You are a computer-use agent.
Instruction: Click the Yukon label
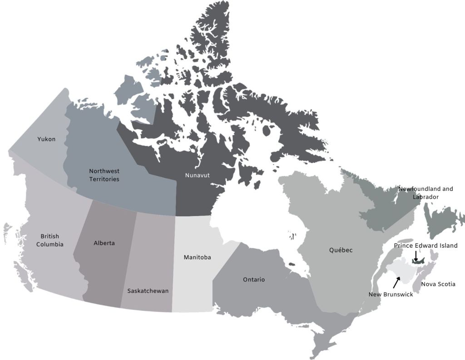46,139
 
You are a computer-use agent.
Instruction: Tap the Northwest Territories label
104,175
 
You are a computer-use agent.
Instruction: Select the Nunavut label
197,175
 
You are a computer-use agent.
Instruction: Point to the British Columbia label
49,240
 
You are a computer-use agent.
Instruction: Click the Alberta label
104,243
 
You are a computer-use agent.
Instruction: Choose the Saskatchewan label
148,291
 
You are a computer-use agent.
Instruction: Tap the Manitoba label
197,257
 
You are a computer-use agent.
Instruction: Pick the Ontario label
253,280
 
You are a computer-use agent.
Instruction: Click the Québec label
341,250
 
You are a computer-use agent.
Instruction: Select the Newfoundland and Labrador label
426,193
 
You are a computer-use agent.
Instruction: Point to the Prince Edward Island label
425,245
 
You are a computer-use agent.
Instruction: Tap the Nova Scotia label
438,284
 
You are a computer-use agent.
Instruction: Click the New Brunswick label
391,295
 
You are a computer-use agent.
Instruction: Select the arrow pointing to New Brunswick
396,282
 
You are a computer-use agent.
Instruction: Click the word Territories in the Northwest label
104,179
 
